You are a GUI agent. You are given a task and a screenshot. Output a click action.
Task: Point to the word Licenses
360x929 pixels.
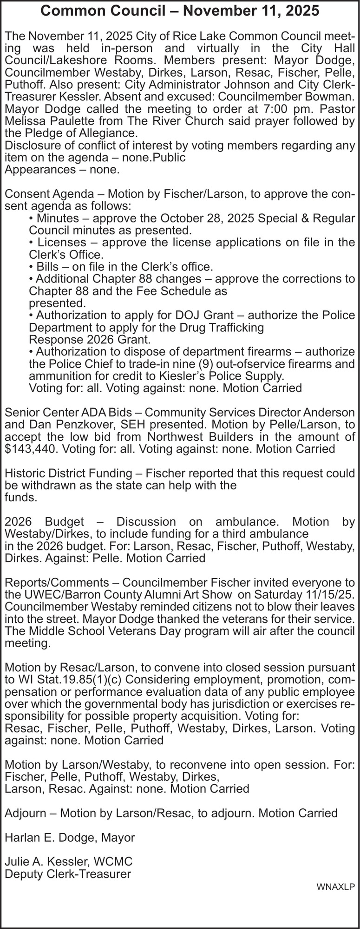click(x=61, y=242)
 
